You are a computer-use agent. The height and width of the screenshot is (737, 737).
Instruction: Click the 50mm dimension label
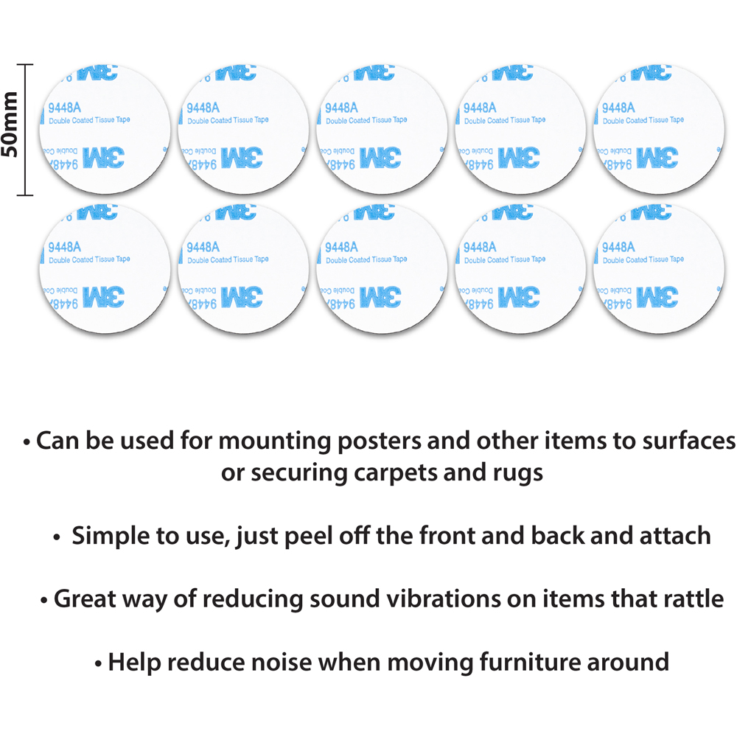11,130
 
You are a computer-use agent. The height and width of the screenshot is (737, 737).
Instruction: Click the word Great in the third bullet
83,598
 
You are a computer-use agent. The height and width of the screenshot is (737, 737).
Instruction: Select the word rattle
688,598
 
